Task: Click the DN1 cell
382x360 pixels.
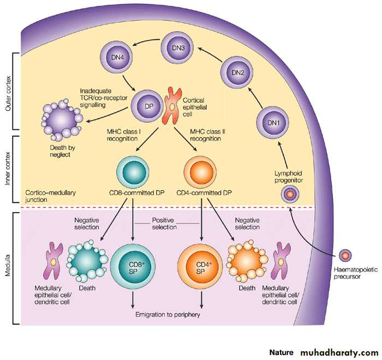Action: [x=271, y=123]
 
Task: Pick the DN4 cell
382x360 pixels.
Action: [x=116, y=57]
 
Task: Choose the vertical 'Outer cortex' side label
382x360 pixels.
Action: [x=8, y=93]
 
